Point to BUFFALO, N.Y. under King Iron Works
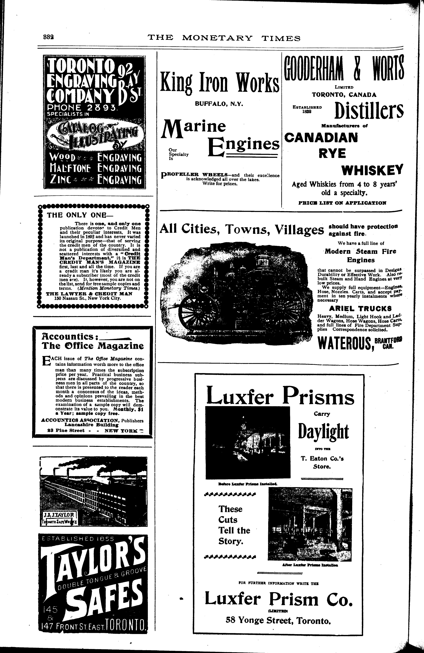219,104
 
